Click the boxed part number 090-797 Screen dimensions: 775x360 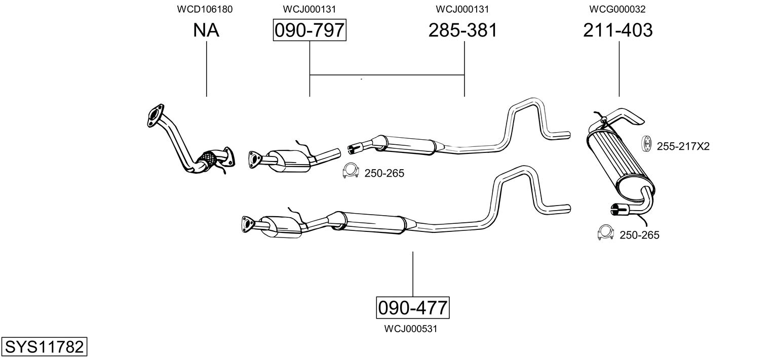click(309, 31)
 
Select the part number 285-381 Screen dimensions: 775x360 click(463, 31)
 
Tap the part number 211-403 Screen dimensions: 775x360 click(618, 31)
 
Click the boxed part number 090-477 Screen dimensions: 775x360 click(413, 307)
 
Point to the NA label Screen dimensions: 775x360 click(206, 31)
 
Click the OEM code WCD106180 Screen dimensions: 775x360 click(205, 9)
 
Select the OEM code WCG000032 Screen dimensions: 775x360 click(617, 9)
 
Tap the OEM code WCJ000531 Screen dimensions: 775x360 click(411, 329)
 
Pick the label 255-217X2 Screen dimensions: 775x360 click(683, 147)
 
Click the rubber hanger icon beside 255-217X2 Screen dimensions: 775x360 click(647, 143)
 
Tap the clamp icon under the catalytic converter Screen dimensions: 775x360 click(350, 172)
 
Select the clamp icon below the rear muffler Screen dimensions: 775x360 click(606, 232)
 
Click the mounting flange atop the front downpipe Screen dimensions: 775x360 click(154, 115)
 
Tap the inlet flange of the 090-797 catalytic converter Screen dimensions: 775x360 click(253, 159)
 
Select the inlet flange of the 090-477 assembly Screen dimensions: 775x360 click(247, 224)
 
